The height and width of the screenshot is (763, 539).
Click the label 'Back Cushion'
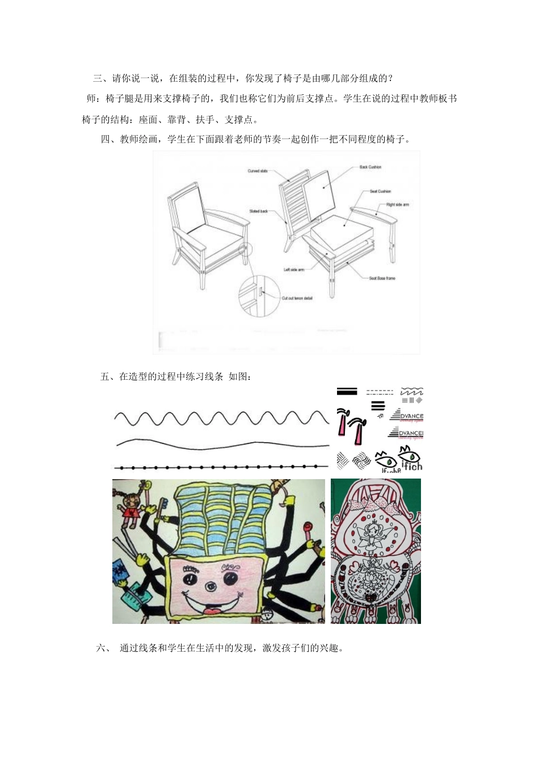[x=370, y=167]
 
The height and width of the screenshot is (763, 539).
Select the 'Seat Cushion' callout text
[x=380, y=191]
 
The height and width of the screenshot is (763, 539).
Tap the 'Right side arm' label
[x=397, y=204]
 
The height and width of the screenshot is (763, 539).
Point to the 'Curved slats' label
[x=258, y=171]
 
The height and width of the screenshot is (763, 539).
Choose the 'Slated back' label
[x=259, y=211]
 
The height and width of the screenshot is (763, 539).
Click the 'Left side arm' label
[x=294, y=269]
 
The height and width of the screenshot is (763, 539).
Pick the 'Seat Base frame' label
[x=382, y=278]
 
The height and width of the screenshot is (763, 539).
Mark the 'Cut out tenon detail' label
[x=297, y=298]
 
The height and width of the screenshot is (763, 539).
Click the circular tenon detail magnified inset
[x=259, y=296]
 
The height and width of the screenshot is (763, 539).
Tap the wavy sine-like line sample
[x=221, y=418]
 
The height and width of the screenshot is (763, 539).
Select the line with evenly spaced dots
[x=221, y=467]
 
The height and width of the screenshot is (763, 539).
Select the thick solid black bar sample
[x=347, y=391]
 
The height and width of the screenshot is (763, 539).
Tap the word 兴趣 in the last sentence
[x=328, y=648]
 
